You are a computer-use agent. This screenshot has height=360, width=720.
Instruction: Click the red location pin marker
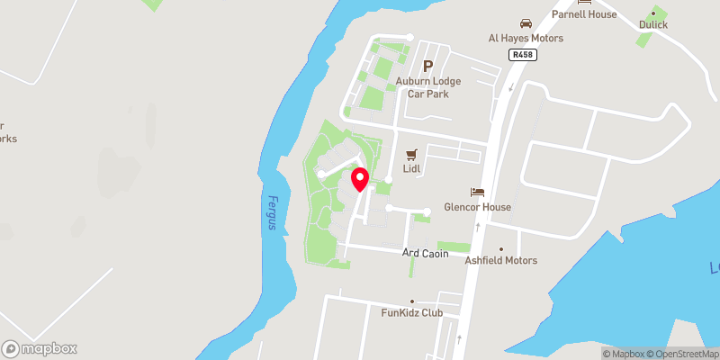(360, 178)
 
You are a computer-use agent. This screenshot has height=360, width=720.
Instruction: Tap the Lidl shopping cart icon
(412, 154)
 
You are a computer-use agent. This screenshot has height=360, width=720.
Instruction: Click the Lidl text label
(412, 169)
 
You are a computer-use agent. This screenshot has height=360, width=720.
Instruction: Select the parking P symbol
(428, 66)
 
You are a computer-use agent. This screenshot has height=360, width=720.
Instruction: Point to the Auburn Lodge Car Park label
(428, 86)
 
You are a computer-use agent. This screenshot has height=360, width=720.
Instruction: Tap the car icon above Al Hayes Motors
(526, 23)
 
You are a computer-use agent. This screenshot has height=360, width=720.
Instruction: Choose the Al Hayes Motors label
(526, 39)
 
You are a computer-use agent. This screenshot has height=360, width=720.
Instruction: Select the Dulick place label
(653, 25)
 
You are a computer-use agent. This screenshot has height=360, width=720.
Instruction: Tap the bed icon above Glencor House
(477, 192)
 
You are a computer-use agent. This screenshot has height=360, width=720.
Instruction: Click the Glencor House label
(477, 207)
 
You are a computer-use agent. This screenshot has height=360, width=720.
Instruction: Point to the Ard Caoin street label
(425, 255)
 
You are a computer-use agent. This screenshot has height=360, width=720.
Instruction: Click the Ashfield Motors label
(501, 261)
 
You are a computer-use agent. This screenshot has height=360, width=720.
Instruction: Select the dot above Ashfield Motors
(501, 248)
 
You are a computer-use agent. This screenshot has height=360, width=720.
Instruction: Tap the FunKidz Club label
(412, 313)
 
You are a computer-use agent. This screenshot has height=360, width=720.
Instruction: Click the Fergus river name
(272, 213)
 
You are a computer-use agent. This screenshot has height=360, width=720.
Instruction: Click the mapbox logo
(40, 348)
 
